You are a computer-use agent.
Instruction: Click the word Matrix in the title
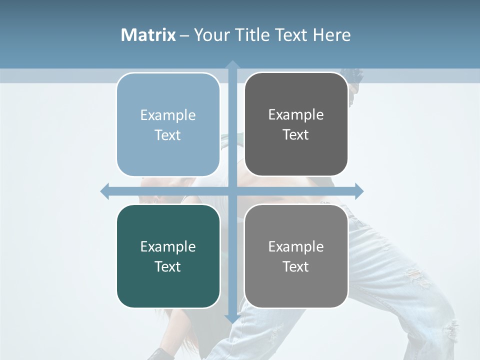click(148, 35)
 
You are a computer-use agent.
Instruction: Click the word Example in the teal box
click(168, 246)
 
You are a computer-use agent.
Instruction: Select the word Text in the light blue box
click(168, 135)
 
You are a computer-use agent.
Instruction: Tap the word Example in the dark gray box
click(296, 114)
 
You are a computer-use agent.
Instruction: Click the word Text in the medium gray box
click(296, 266)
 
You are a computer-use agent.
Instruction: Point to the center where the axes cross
click(232, 191)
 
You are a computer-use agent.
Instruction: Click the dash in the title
click(184, 35)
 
